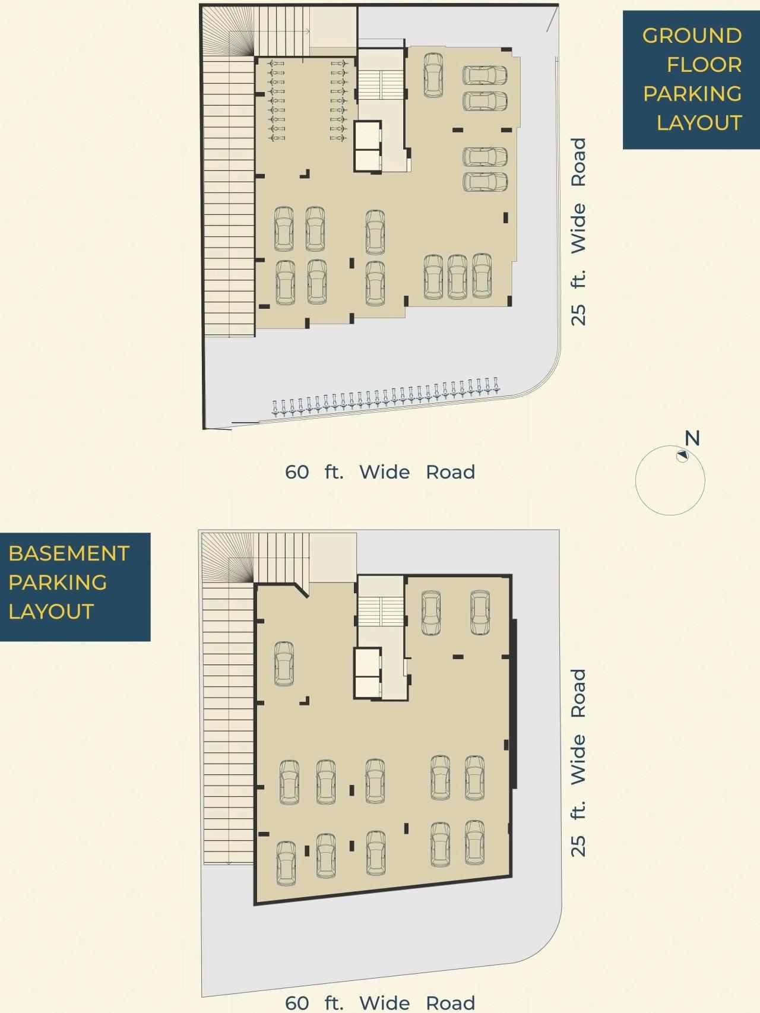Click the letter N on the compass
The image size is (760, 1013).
point(692,438)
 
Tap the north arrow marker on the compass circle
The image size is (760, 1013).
point(682,455)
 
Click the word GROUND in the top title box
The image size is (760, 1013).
point(692,36)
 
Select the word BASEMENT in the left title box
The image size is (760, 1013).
point(69,553)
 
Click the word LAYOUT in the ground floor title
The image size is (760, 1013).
point(699,123)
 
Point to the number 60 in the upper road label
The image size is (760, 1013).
point(297,472)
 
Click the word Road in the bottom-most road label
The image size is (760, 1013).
point(450,1003)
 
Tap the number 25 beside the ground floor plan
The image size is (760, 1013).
point(578,314)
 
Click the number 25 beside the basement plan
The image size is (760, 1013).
point(578,846)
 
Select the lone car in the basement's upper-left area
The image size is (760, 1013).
point(284,664)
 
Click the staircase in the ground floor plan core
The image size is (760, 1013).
point(380,85)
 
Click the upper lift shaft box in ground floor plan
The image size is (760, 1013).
point(368,136)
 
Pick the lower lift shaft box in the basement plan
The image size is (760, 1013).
point(368,686)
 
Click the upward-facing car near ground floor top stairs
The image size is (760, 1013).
point(433,75)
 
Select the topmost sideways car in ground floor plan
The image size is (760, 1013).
point(484,76)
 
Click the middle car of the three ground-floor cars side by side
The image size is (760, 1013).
point(457,276)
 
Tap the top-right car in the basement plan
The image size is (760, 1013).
point(480,613)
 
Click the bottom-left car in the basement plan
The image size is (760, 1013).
point(286,863)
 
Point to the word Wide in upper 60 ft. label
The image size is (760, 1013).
point(384,472)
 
